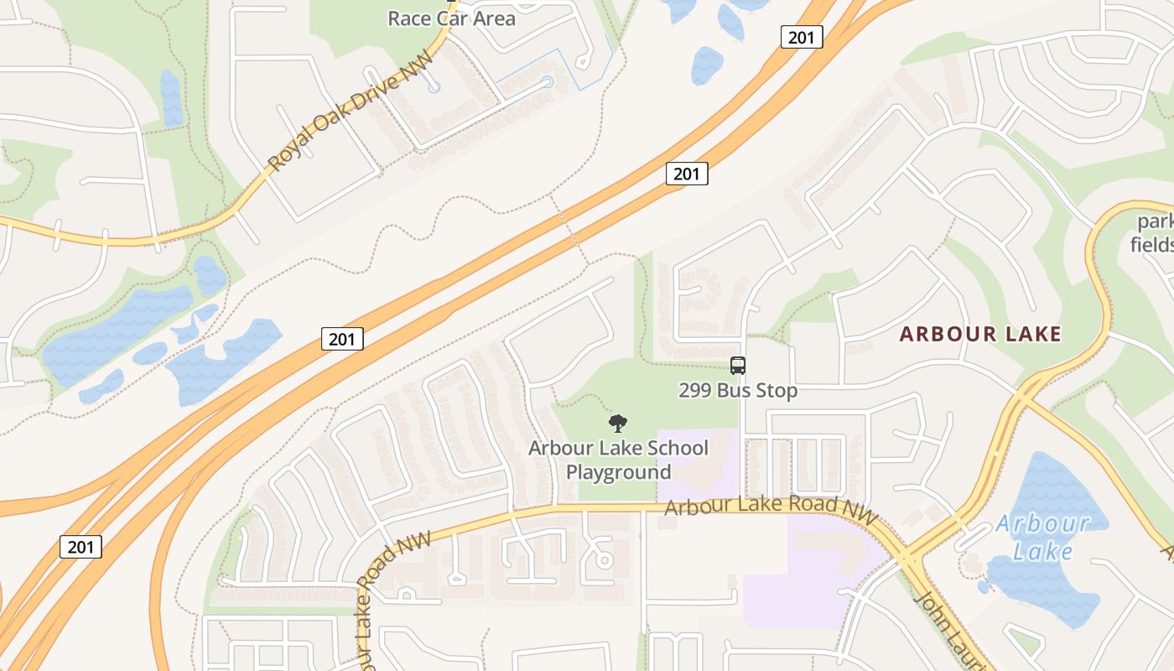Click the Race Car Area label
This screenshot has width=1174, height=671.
[451, 18]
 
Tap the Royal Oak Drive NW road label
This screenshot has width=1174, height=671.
[351, 109]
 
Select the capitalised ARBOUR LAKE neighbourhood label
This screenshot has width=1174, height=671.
[980, 334]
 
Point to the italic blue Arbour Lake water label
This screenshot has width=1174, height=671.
[1042, 538]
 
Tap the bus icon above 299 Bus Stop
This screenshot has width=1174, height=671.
[738, 366]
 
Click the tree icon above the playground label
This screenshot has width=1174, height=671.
[618, 424]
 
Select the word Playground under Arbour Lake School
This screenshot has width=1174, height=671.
[618, 472]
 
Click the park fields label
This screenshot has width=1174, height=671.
[1154, 233]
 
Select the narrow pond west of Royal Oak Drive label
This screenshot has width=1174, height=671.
[171, 98]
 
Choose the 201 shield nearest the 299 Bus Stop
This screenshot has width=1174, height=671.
[687, 174]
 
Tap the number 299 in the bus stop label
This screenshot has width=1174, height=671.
[695, 391]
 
